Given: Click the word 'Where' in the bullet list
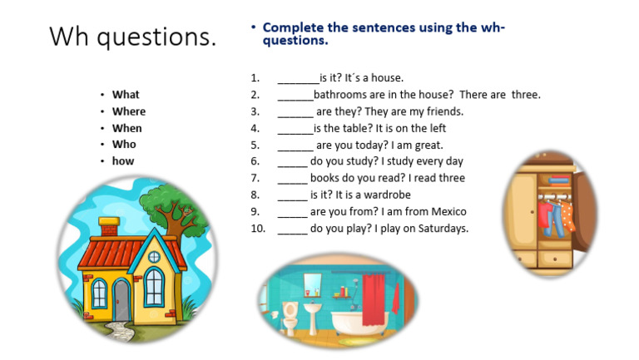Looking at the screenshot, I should point(128,111).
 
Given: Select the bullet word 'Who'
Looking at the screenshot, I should point(124,145).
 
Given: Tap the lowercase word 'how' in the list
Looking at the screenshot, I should point(123,161).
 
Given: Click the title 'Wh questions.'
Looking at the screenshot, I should point(132,37).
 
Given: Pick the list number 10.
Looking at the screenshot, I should point(257,228).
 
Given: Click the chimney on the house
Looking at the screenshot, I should point(108,226).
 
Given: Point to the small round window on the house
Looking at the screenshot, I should point(154,257).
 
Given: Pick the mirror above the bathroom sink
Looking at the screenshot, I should point(312,283).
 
